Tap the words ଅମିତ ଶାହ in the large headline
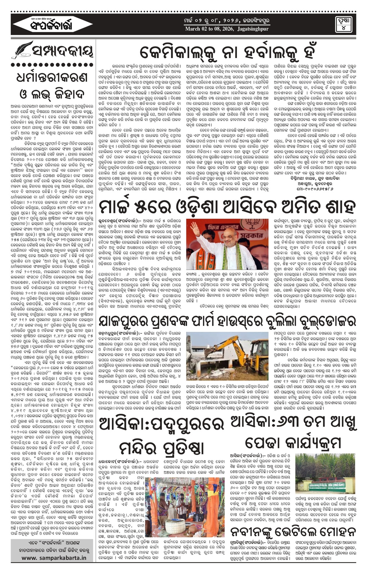[309, 206]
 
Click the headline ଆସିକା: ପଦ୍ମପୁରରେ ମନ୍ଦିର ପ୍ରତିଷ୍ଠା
[162, 436]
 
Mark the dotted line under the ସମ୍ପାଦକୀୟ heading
[53, 65]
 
